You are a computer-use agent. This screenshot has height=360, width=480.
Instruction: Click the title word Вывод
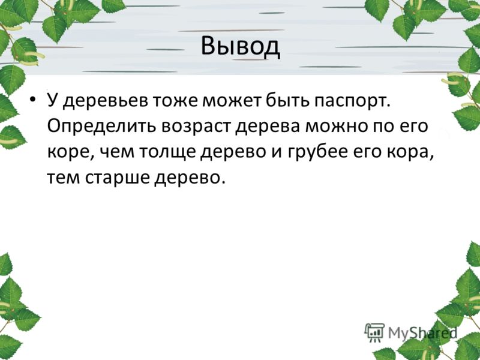241,47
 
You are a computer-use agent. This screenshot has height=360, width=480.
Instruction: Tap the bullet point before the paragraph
33,100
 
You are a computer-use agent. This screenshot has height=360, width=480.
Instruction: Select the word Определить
101,127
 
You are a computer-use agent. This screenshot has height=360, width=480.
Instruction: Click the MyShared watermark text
422,332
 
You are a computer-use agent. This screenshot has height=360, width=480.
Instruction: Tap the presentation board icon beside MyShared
374,332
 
